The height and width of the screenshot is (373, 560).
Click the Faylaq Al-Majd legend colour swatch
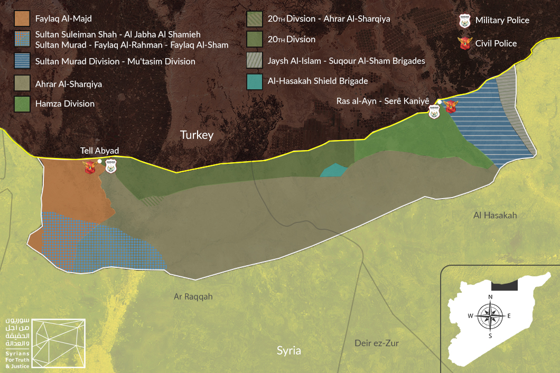pyautogui.click(x=22, y=18)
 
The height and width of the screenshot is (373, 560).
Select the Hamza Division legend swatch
pyautogui.click(x=22, y=103)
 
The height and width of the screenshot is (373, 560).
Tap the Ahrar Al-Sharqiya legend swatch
pyautogui.click(x=22, y=83)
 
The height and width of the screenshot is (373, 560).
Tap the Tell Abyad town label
pyautogui.click(x=99, y=151)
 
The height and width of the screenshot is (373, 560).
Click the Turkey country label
pyautogui.click(x=197, y=135)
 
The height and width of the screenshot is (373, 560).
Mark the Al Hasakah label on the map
pyautogui.click(x=495, y=215)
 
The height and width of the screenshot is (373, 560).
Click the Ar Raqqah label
pyautogui.click(x=193, y=296)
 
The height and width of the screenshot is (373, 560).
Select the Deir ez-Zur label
pyautogui.click(x=376, y=343)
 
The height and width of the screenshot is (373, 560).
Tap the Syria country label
pyautogui.click(x=289, y=351)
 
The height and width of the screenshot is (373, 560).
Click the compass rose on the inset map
pyautogui.click(x=490, y=316)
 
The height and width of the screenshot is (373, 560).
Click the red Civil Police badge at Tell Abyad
pyautogui.click(x=90, y=167)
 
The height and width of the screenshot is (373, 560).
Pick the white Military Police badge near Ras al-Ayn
pyautogui.click(x=434, y=111)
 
